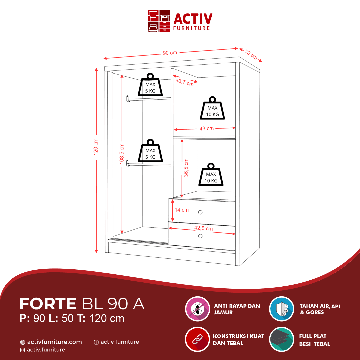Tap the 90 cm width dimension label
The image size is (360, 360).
point(170,53)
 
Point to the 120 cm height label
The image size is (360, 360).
point(96,146)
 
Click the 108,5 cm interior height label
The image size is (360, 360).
point(122,154)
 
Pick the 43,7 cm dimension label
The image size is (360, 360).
point(184,82)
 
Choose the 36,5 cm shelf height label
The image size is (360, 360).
point(186,168)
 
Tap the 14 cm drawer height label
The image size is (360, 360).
point(182,210)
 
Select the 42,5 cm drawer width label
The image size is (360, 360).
point(203,228)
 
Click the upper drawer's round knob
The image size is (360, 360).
point(200,212)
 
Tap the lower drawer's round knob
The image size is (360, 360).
point(200,236)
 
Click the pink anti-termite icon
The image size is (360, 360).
point(198,309)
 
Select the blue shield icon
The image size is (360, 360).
point(282,309)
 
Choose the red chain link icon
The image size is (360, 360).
point(198,339)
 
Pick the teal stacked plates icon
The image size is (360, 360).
point(282,339)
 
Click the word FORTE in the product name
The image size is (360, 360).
point(48,304)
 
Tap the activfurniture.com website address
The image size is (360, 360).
point(54,342)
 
